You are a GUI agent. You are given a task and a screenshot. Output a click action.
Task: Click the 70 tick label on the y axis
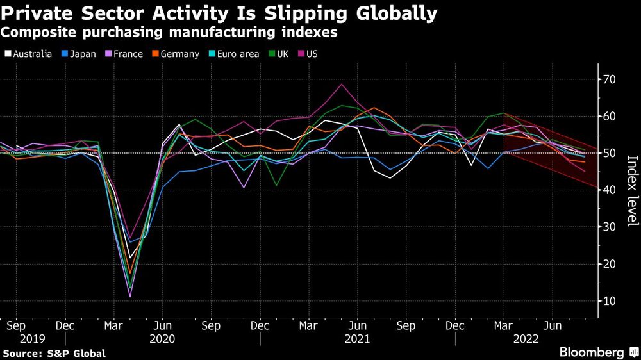tap(609, 79)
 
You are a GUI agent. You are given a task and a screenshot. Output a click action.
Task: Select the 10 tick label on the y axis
tap(609, 301)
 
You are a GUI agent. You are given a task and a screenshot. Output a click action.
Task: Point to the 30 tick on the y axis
tap(609, 227)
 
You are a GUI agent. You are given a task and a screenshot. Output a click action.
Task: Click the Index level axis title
tap(631, 191)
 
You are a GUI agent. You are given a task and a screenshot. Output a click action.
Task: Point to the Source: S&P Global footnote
tap(54, 353)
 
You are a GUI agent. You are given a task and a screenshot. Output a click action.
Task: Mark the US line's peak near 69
tap(342, 84)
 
